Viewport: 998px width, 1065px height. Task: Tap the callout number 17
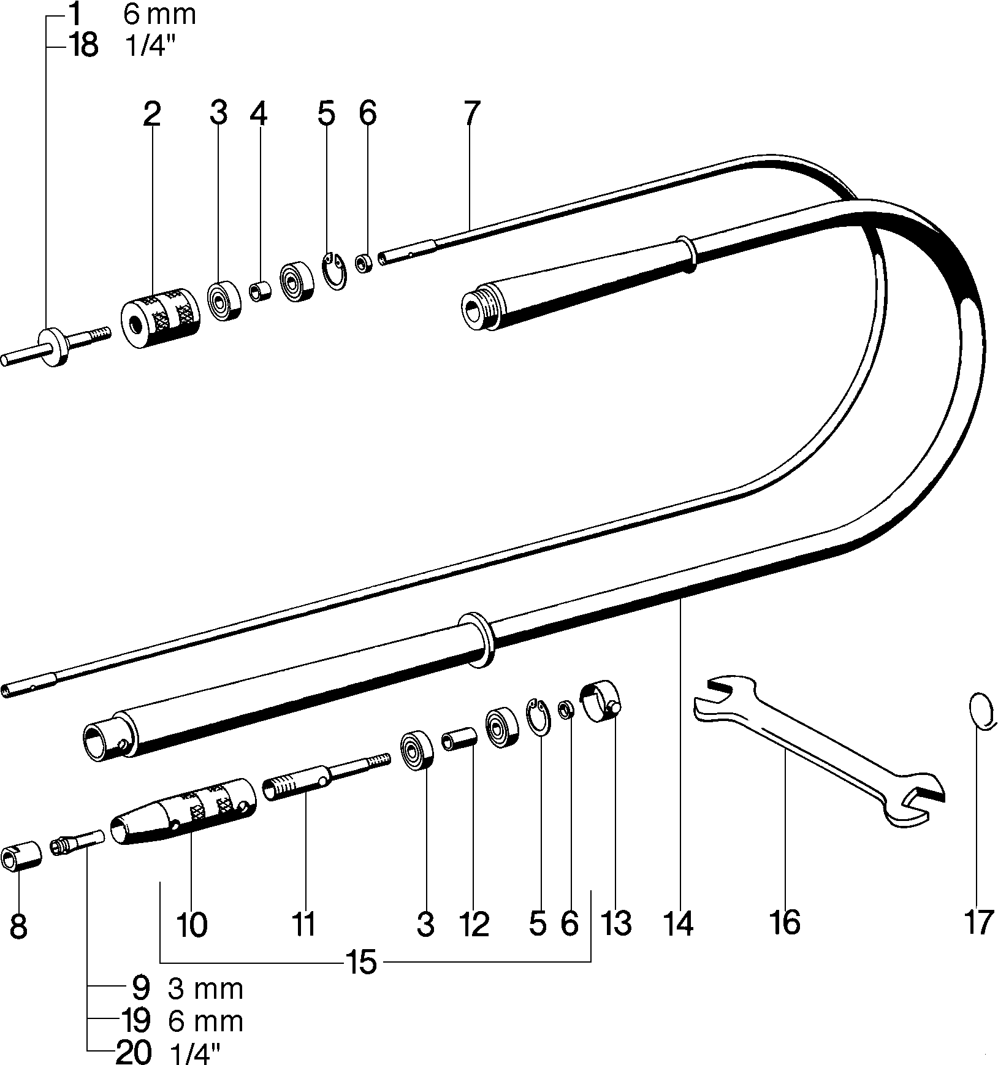pyautogui.click(x=978, y=922)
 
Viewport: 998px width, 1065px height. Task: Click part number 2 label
pyautogui.click(x=151, y=115)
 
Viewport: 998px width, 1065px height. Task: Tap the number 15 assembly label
pyautogui.click(x=362, y=963)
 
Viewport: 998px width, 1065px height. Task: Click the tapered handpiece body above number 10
pyautogui.click(x=183, y=812)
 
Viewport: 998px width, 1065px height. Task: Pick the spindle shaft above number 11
pyautogui.click(x=326, y=778)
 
